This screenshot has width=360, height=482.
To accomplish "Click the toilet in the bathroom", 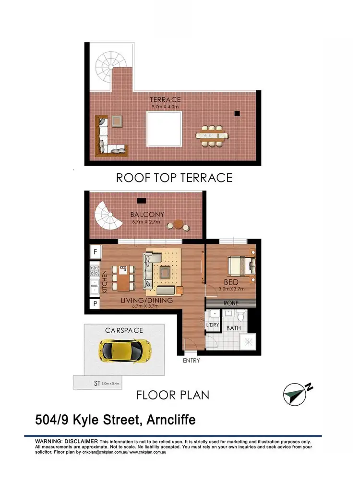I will coord(241,316).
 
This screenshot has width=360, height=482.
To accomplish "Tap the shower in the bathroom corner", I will coord(249,342).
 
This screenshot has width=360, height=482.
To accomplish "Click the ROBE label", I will coord(232,303).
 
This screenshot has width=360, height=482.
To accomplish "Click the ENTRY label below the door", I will coord(191,361).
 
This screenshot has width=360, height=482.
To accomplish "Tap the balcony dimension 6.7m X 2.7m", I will coord(148,222).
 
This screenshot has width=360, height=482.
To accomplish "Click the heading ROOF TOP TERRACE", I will coord(174,178).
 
